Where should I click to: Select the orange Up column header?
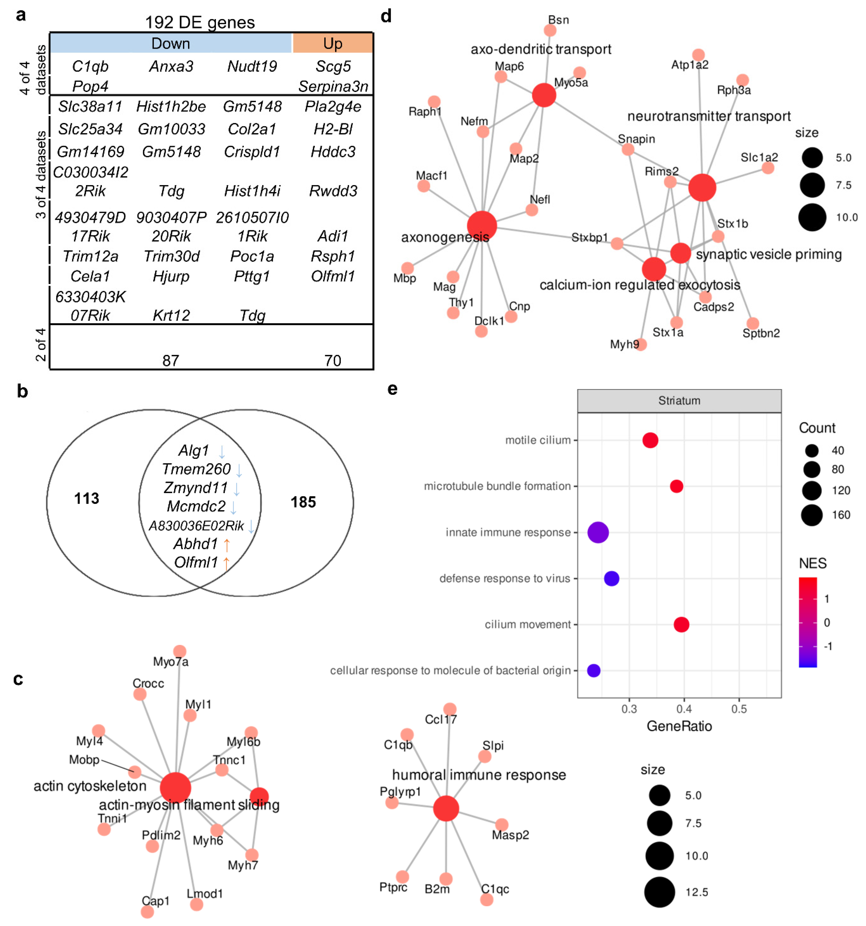click(332, 43)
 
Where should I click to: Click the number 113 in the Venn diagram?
click(87, 498)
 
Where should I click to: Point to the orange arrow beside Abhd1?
click(227, 544)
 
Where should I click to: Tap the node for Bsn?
click(550, 30)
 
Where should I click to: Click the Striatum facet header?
click(679, 401)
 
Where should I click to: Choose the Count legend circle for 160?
click(812, 515)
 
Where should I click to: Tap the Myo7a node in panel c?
click(180, 651)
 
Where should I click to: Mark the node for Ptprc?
click(402, 877)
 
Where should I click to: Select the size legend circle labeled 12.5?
click(659, 892)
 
